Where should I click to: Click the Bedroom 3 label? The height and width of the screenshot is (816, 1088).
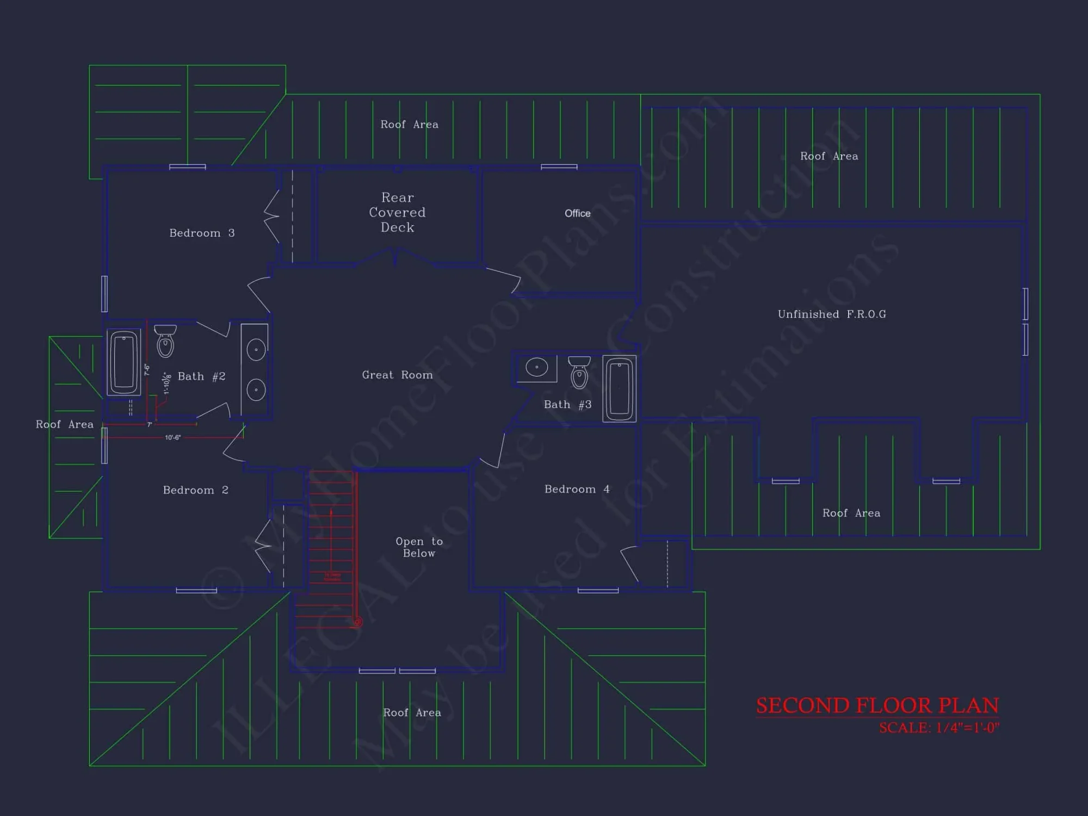202,233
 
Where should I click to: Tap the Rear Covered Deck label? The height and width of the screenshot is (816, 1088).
397,212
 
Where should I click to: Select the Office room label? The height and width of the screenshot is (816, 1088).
577,213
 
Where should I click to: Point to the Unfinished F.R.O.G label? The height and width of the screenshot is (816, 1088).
832,314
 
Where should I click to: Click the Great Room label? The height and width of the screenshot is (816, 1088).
397,375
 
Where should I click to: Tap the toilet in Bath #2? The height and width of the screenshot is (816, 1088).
165,341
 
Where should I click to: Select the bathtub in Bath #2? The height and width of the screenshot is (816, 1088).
123,362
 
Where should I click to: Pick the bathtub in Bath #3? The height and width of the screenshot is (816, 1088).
619,388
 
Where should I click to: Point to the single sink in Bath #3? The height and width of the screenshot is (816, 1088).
537,368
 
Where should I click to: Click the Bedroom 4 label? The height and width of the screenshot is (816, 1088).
577,489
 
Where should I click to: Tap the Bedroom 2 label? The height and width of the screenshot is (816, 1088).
195,490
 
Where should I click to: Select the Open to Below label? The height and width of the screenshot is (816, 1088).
419,547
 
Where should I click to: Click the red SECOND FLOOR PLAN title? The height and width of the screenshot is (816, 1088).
877,706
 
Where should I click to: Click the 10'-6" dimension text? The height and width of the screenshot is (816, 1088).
172,437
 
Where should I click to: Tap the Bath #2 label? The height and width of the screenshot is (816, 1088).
201,376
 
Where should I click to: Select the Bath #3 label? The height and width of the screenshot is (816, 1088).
567,405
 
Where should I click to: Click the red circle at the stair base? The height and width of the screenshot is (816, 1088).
357,622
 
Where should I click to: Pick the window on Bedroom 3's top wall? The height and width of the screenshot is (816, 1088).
187,167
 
